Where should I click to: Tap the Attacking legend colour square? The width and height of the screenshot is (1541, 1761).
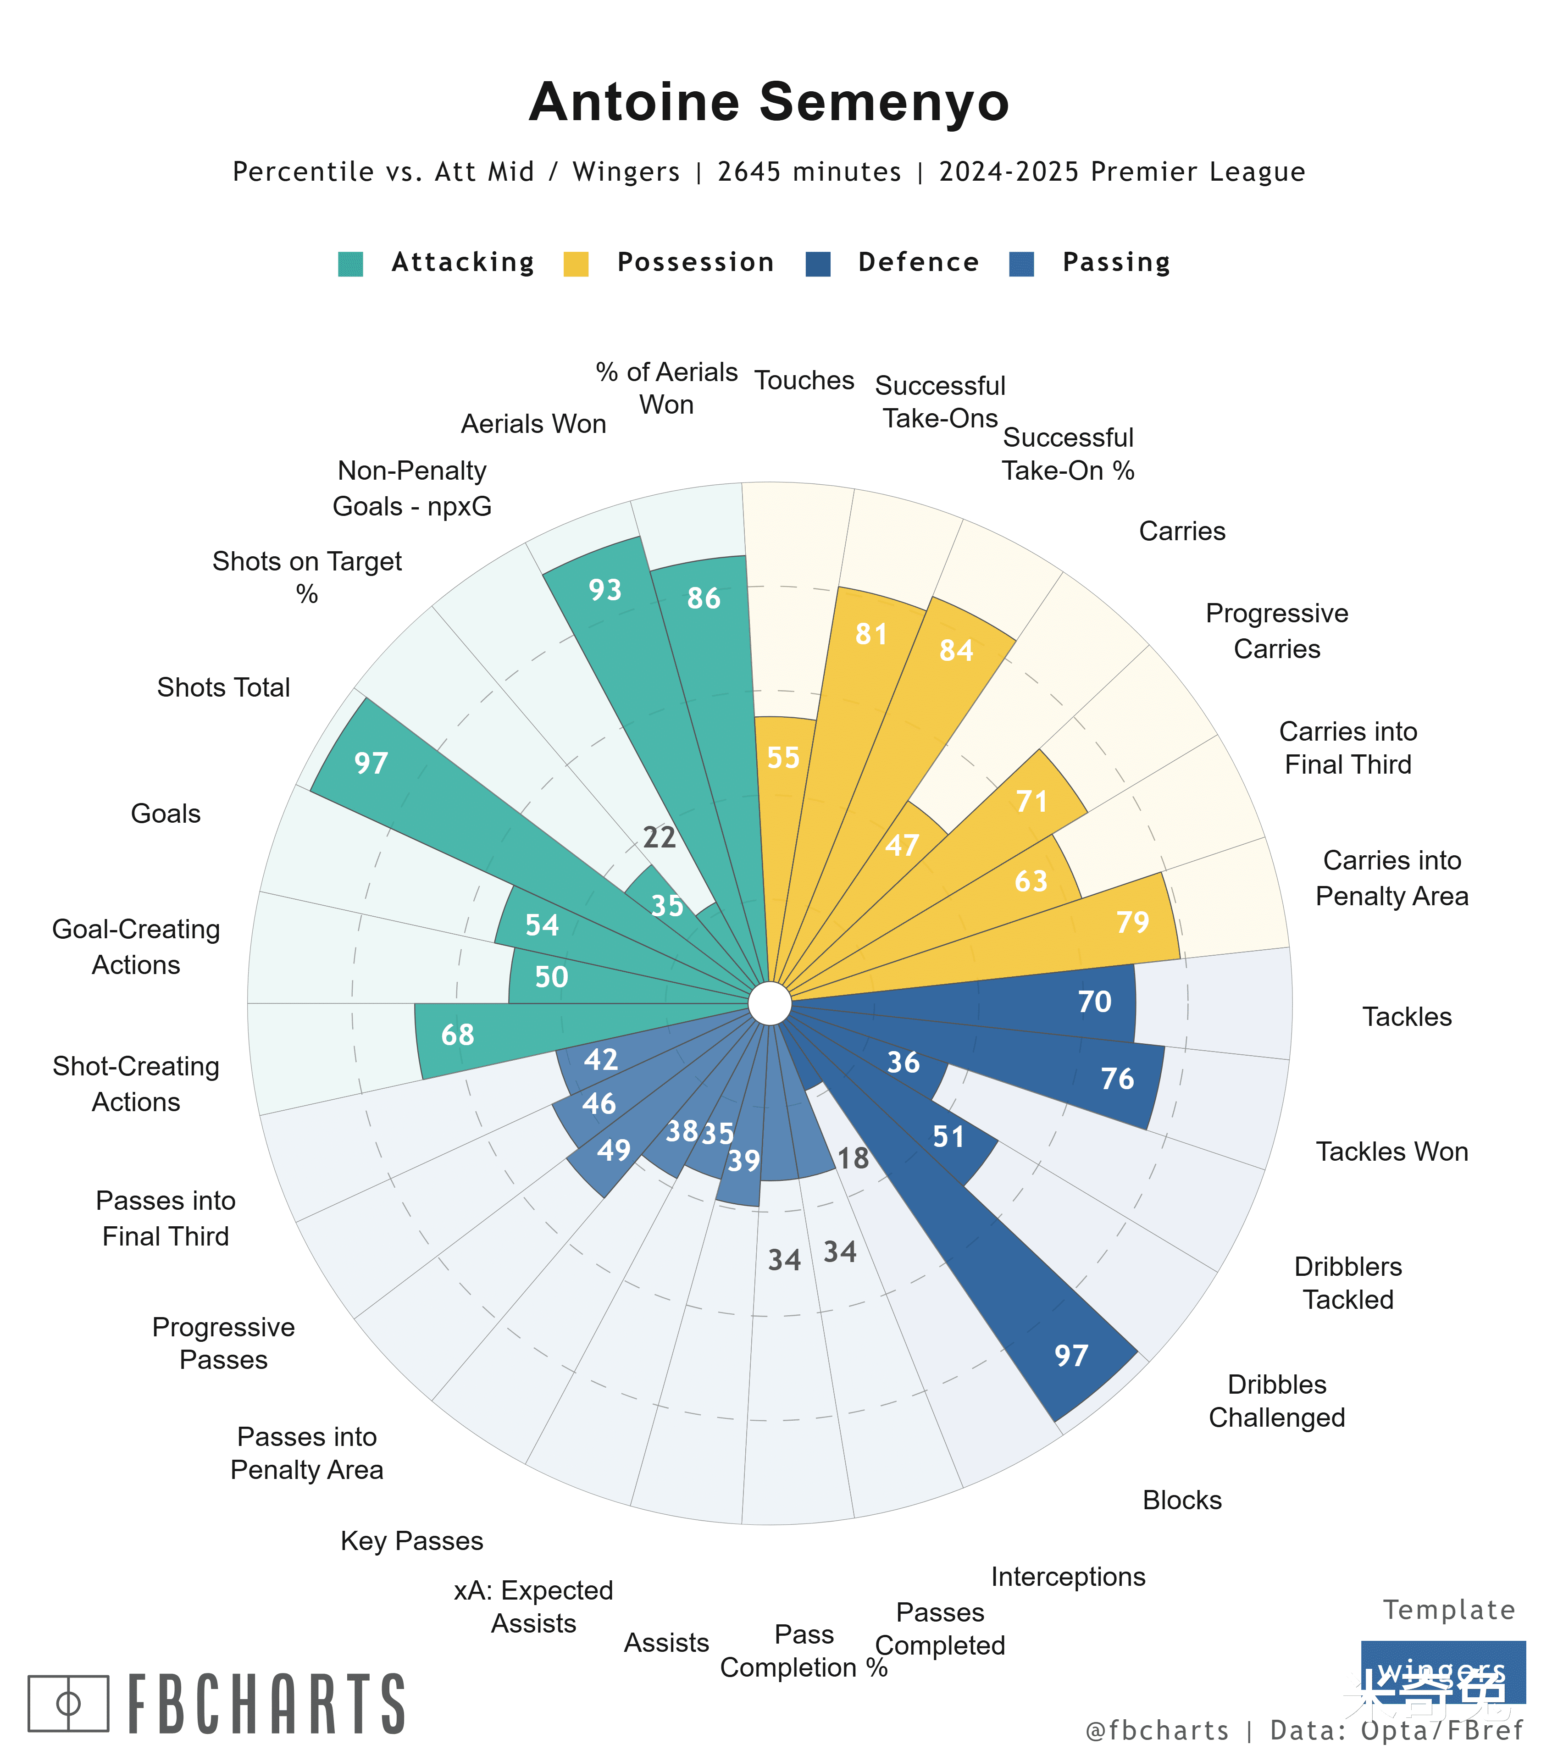[x=351, y=264]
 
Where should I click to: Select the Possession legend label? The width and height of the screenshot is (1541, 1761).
[x=696, y=262]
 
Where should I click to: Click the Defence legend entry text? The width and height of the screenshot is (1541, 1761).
[x=918, y=262]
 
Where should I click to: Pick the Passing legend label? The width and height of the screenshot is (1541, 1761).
[x=1116, y=262]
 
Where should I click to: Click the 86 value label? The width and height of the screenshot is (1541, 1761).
[x=704, y=598]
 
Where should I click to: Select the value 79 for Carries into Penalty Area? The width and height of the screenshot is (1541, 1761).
[x=1132, y=922]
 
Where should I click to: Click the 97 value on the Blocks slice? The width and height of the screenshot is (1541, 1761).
[x=1071, y=1356]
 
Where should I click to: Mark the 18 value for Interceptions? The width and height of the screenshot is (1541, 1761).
[x=853, y=1158]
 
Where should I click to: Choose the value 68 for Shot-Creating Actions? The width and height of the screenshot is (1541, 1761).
[x=458, y=1035]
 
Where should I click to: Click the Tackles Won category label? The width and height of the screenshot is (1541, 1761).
[x=1391, y=1152]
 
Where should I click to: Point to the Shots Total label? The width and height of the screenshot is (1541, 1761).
[x=224, y=688]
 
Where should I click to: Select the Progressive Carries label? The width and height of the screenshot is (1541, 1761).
[x=1277, y=631]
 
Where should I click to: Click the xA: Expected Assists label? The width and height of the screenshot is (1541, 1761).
[x=533, y=1607]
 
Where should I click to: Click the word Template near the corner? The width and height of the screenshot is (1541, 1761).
[x=1449, y=1610]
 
